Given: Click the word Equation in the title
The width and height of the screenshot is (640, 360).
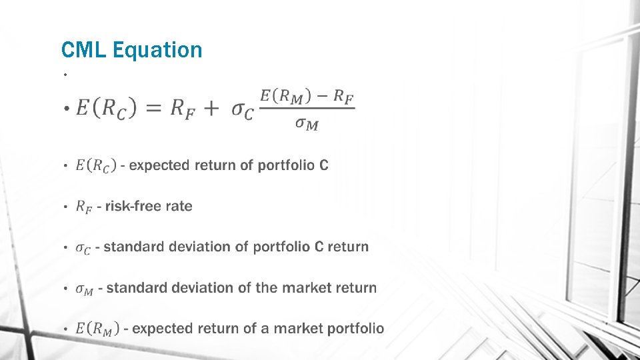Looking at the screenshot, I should [x=157, y=50].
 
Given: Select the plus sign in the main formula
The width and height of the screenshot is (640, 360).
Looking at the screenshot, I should [x=211, y=109].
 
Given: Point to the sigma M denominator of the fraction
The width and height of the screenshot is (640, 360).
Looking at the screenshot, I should [x=307, y=125].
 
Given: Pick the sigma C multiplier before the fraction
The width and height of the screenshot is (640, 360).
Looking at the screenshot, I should [x=242, y=110].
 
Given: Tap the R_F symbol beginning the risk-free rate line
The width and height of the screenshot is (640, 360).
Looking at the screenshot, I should [x=83, y=207].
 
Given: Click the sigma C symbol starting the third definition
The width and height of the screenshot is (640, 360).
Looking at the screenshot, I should [x=83, y=248].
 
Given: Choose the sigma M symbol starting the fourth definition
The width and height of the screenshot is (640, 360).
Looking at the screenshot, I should [x=85, y=289].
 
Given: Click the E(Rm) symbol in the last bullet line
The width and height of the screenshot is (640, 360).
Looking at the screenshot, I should [x=97, y=329].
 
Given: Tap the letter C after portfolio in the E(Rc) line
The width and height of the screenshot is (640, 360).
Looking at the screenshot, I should [x=323, y=165].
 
